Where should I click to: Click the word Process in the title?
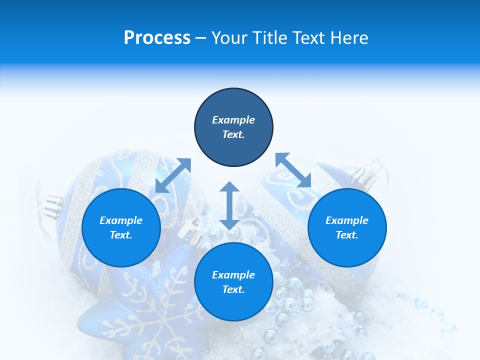[157, 38]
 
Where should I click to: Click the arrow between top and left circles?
[173, 175]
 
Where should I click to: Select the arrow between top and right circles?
[293, 170]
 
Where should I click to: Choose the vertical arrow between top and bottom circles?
[229, 205]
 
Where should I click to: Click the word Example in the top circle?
[233, 120]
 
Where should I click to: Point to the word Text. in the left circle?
[121, 235]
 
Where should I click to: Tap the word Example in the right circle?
[347, 220]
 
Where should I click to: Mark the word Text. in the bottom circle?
[233, 289]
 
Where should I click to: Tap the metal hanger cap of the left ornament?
[48, 202]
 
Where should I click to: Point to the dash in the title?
[201, 38]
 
